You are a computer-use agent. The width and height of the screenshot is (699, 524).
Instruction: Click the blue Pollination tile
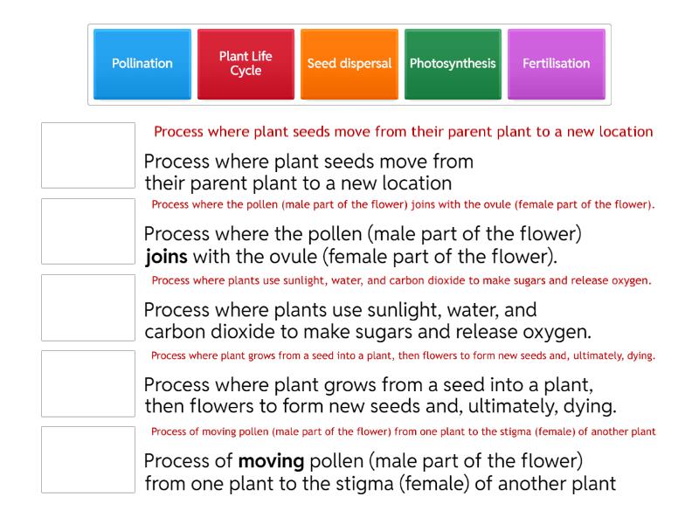tap(142, 64)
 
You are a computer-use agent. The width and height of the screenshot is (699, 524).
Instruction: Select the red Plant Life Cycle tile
tap(246, 64)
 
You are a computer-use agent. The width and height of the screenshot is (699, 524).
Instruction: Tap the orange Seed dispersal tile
tap(349, 64)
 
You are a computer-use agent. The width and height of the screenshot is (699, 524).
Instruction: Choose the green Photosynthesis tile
tap(453, 64)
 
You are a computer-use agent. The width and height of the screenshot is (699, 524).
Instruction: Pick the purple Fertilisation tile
tap(556, 64)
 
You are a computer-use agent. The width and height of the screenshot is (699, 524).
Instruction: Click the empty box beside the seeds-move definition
tap(88, 155)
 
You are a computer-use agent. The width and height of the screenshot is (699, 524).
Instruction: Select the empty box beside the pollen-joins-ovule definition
tap(88, 231)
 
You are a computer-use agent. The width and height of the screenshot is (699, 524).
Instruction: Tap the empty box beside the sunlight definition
tap(88, 307)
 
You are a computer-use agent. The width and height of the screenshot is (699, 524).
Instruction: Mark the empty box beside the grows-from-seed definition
tap(88, 383)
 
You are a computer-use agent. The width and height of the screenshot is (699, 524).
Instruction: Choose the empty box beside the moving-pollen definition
tap(88, 459)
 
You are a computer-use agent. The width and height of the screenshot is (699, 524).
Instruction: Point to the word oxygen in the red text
tap(631, 281)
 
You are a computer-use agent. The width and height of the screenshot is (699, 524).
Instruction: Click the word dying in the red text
tap(640, 356)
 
